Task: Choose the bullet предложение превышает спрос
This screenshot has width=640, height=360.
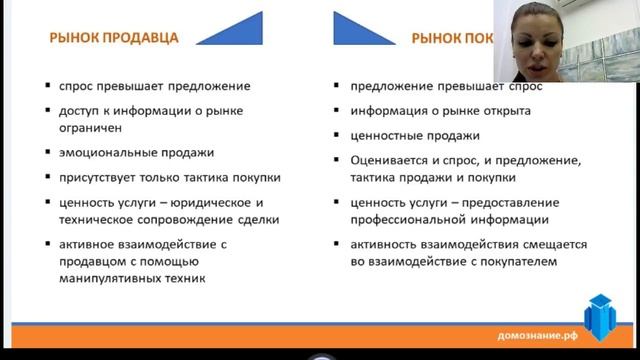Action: pos(424,86)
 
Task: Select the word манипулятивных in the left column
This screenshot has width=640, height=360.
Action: pos(111,280)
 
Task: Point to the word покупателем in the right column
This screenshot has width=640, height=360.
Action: pos(514,262)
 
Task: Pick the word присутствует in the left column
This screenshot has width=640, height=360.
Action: pos(96,177)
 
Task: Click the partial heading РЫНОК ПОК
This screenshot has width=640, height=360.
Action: pos(450,39)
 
